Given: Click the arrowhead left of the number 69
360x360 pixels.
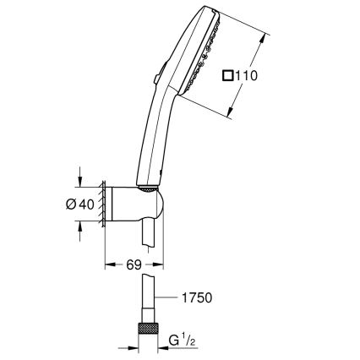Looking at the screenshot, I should pos(107,265).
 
